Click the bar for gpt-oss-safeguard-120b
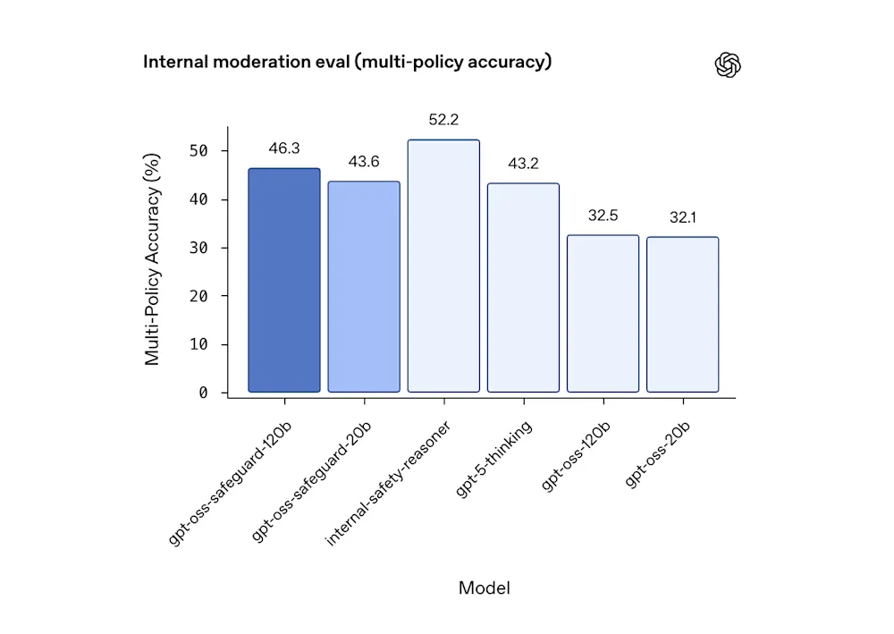point(283,280)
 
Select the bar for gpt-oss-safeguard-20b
point(364,286)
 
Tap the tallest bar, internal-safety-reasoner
point(443,266)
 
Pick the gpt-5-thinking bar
point(523,287)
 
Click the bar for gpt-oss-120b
point(603,313)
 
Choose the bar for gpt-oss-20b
point(682,314)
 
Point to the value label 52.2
point(443,119)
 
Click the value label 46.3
point(283,148)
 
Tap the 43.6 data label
point(364,161)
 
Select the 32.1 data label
point(683,217)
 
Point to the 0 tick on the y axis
point(203,393)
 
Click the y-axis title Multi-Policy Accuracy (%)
point(153,259)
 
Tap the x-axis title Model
point(484,588)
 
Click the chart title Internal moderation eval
point(347,62)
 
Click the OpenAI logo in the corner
point(729,64)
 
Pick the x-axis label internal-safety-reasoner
point(388,483)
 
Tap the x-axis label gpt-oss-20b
point(657,454)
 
